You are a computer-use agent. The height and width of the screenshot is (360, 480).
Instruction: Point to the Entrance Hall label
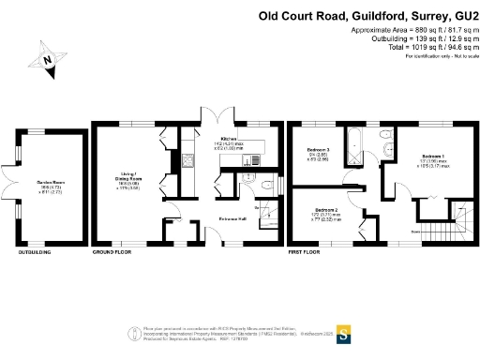coord(233,217)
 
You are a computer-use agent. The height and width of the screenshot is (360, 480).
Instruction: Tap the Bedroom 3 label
coord(320,150)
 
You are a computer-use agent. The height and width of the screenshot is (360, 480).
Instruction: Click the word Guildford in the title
coord(374,16)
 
